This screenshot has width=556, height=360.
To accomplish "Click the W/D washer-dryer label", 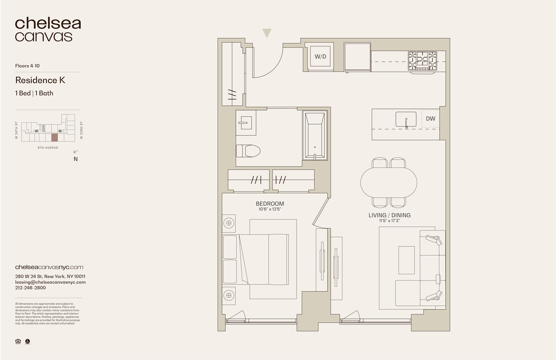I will pyautogui.click(x=320, y=57).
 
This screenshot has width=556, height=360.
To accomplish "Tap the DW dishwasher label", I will pyautogui.click(x=430, y=119).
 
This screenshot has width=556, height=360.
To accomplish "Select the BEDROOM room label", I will pyautogui.click(x=270, y=204).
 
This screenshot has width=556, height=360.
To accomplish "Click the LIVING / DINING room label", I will pyautogui.click(x=389, y=215).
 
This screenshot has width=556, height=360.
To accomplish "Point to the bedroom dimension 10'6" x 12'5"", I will pyautogui.click(x=270, y=209).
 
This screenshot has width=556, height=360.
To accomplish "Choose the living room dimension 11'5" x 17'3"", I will pyautogui.click(x=389, y=221).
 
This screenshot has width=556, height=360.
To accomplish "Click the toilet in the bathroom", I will pyautogui.click(x=248, y=151).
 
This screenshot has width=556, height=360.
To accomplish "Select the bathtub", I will pyautogui.click(x=315, y=135).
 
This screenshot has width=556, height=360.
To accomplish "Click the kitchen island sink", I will pyautogui.click(x=406, y=119).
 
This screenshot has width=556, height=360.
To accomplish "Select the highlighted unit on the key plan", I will pyautogui.click(x=54, y=138).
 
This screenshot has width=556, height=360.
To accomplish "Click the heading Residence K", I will pyautogui.click(x=40, y=80).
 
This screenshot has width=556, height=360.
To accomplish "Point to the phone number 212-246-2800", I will pyautogui.click(x=30, y=288).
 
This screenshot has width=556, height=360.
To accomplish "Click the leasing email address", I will pyautogui.click(x=50, y=282).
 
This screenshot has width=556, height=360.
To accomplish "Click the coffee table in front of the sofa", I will pyautogui.click(x=407, y=260).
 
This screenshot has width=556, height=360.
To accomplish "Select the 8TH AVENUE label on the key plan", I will pyautogui.click(x=48, y=148).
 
